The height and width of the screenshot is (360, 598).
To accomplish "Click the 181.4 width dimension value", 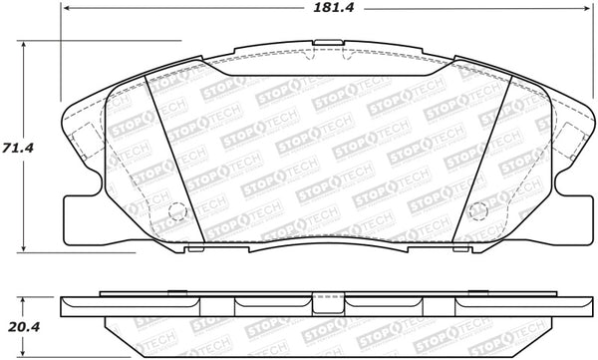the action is tap(333, 8).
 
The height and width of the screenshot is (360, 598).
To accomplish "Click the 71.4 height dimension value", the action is tap(18, 148).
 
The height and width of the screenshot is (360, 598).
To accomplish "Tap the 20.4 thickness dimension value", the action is tap(24, 327).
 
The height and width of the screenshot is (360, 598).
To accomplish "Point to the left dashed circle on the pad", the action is tap(177, 211).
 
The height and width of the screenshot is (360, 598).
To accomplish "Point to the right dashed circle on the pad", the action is tap(478, 211).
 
